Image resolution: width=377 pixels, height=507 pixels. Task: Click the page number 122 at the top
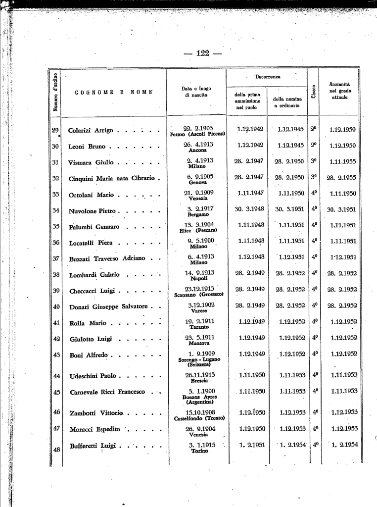point(202,53)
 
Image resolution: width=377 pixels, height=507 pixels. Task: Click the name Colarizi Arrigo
point(91,131)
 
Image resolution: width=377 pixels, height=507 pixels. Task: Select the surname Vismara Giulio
point(91,162)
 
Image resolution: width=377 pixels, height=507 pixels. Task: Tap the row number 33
point(56,195)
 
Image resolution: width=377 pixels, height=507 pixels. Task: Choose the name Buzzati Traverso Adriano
point(106,258)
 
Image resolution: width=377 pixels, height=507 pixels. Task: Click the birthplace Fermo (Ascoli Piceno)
point(197,134)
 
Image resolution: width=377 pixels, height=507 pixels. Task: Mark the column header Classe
point(314,91)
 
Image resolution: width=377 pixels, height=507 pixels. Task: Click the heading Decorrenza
point(268,77)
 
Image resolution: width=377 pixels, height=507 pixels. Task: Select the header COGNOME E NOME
point(114,92)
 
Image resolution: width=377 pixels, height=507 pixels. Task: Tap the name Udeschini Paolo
point(93,376)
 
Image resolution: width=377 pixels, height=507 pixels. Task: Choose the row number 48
point(56,450)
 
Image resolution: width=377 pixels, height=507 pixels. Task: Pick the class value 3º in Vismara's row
point(314,161)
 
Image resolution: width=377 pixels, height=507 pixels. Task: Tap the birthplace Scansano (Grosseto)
point(199,295)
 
